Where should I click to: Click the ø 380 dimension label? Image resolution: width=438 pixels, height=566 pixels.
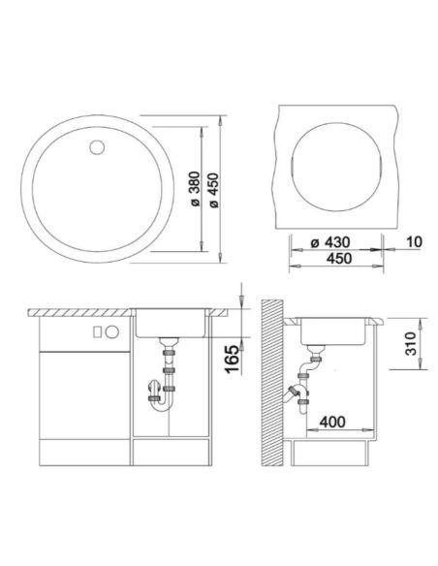(x=195, y=189)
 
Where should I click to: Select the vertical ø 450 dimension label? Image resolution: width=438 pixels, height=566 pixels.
(x=214, y=190)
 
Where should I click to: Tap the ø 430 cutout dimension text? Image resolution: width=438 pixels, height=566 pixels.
(x=330, y=242)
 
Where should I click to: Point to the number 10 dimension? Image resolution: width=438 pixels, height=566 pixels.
(x=414, y=242)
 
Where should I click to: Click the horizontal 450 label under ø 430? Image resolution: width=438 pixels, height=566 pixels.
(x=338, y=259)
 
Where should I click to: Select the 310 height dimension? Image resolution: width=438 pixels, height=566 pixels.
(x=411, y=344)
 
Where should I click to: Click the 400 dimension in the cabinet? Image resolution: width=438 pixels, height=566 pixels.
(x=332, y=422)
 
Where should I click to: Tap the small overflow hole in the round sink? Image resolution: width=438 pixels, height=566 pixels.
(x=97, y=147)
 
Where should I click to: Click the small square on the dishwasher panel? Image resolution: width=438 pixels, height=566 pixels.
(x=97, y=331)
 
